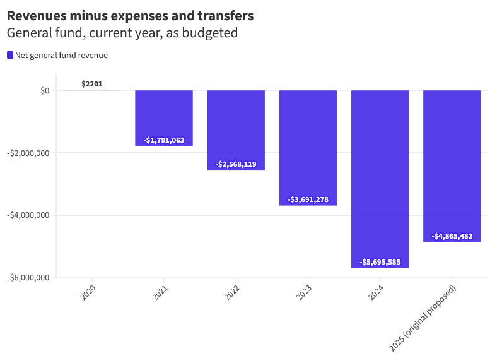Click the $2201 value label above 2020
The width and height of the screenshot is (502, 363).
point(92,84)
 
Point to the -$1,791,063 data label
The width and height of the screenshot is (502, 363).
point(164,140)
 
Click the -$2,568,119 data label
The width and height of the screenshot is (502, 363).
point(236,164)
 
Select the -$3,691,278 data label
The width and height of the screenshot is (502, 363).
point(308,199)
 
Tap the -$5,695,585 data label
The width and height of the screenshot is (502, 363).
point(380,262)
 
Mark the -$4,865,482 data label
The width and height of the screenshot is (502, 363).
point(452,236)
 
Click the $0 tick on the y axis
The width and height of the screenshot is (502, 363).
point(44,91)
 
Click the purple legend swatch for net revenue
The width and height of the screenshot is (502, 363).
point(10,56)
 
